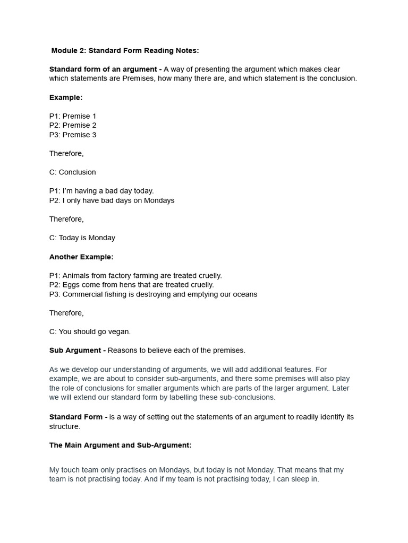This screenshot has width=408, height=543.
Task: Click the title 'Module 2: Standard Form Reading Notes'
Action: tap(125, 50)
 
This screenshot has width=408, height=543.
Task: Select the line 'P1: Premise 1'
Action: tap(73, 116)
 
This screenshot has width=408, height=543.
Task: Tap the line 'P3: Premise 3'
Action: tap(73, 135)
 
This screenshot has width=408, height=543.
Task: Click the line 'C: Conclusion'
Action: tap(73, 172)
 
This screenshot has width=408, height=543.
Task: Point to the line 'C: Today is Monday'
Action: tap(82, 238)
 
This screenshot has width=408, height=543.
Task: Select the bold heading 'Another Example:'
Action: tap(81, 257)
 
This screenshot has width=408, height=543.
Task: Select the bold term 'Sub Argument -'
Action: tap(78, 351)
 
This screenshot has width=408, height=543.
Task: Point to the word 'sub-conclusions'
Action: tap(247, 397)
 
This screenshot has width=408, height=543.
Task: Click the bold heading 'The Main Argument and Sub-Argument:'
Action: tap(121, 445)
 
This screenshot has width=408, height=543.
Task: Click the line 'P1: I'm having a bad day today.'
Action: tap(101, 191)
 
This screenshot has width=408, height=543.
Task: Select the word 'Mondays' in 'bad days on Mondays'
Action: tap(159, 200)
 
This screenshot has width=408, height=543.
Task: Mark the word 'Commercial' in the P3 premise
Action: tap(81, 294)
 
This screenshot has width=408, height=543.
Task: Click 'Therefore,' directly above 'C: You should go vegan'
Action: tap(66, 313)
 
